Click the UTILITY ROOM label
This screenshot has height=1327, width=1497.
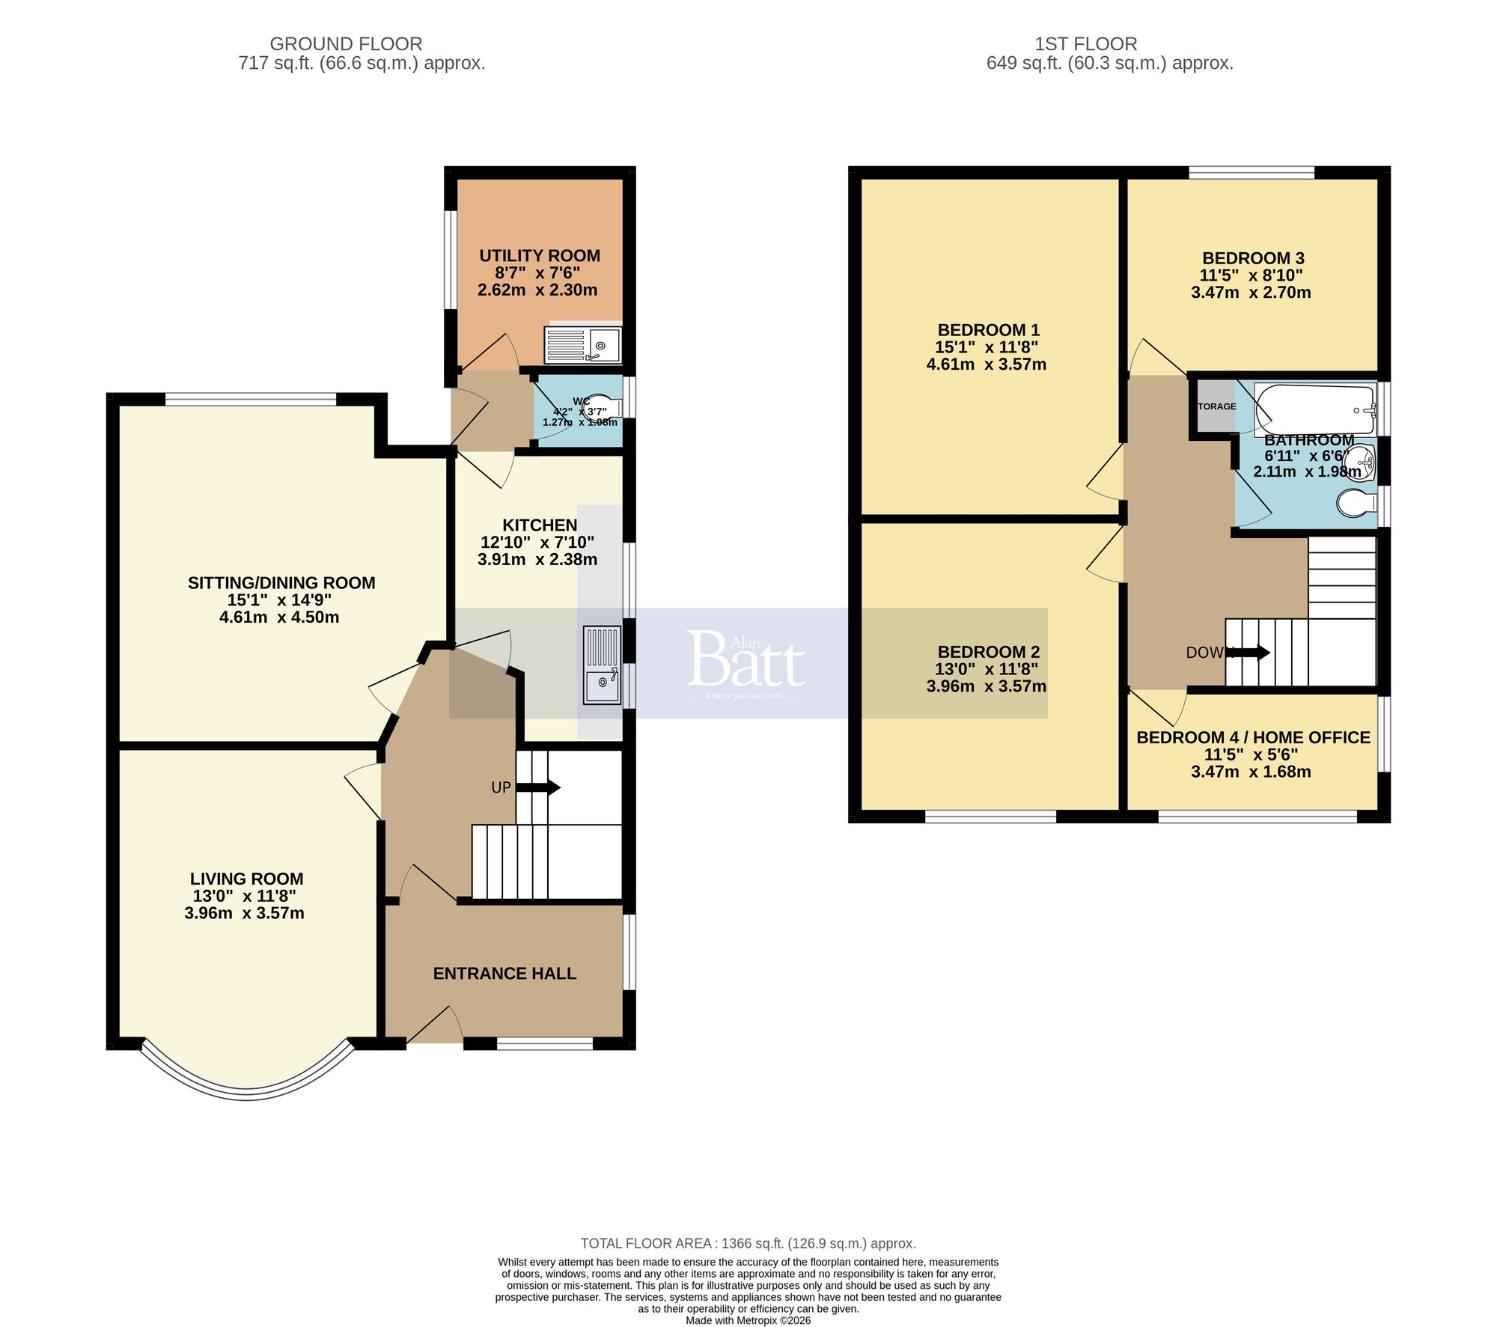click(x=539, y=256)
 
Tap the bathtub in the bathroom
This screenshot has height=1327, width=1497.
click(x=1314, y=409)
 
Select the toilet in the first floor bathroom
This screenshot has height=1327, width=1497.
click(x=1356, y=503)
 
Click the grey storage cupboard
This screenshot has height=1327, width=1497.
click(x=1214, y=406)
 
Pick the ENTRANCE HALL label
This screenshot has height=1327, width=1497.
click(x=504, y=974)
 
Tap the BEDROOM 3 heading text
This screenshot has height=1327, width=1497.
click(x=1252, y=258)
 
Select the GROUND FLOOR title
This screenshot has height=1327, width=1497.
click(x=346, y=44)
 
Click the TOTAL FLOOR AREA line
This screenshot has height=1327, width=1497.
click(x=748, y=1243)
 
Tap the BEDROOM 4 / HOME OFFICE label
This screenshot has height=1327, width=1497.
click(x=1253, y=738)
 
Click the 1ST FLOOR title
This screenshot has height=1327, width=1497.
click(x=1085, y=44)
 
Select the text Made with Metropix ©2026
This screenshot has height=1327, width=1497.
click(x=748, y=1320)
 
